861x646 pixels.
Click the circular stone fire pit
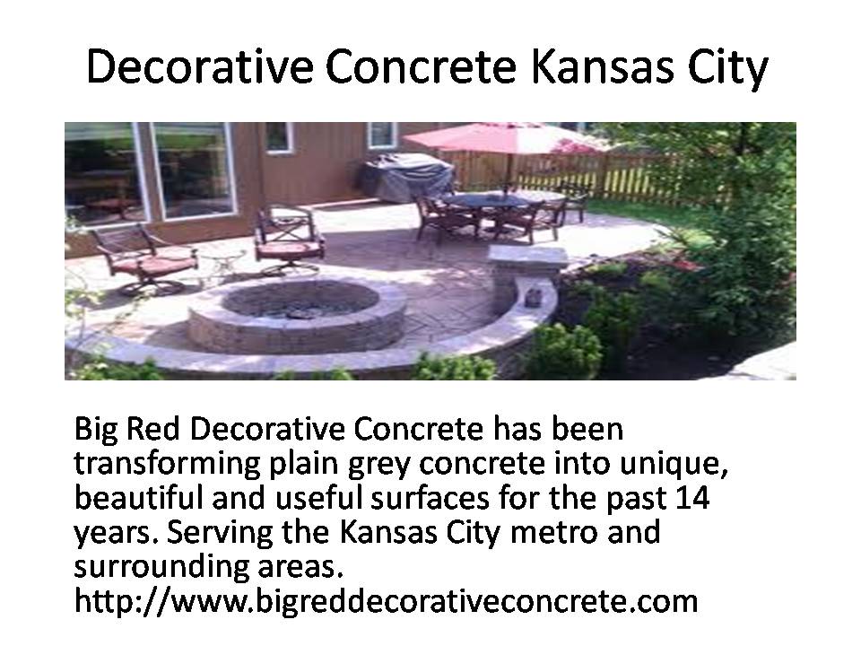[298, 317]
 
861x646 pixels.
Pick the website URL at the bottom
[386, 600]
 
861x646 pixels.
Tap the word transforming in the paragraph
[167, 464]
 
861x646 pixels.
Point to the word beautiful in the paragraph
[138, 497]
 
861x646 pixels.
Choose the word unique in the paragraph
[674, 464]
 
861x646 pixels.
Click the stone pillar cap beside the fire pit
[527, 258]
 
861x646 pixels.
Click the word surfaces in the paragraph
[430, 497]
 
